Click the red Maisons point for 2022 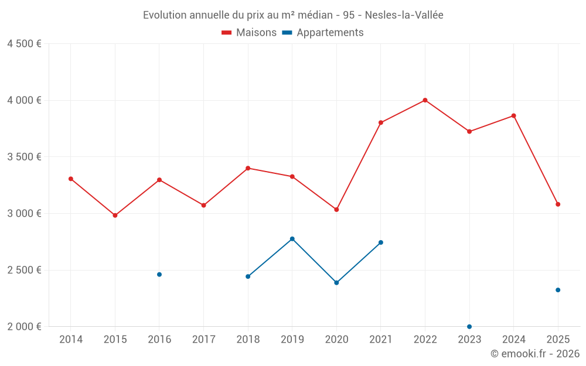425,100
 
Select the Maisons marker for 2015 115,216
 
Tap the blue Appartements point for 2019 292,239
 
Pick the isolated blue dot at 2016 159,275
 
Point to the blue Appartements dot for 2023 469,326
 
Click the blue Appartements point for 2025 558,290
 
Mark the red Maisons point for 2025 558,204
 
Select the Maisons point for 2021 381,122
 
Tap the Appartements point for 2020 336,283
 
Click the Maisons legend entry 249,33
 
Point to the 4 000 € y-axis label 24,100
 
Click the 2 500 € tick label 24,270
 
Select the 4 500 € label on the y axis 24,44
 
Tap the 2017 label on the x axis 203,339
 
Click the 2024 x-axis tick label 513,339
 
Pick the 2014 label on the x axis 71,339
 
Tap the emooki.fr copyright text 535,354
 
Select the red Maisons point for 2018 248,168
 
